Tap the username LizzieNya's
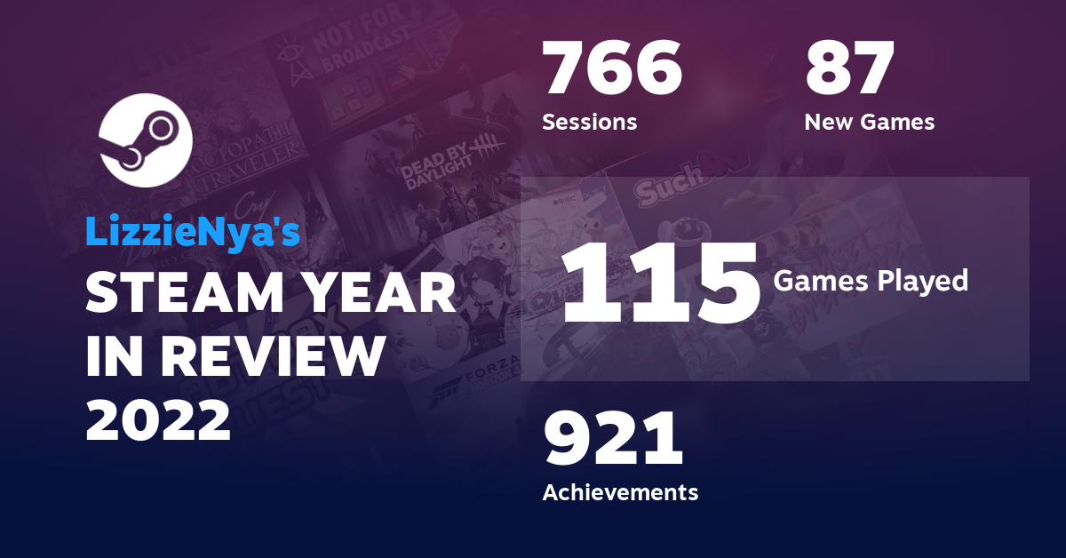click(193, 231)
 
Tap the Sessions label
click(589, 122)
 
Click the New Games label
click(869, 122)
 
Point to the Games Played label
click(871, 282)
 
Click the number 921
click(613, 440)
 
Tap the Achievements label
click(620, 491)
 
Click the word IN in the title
click(113, 357)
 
